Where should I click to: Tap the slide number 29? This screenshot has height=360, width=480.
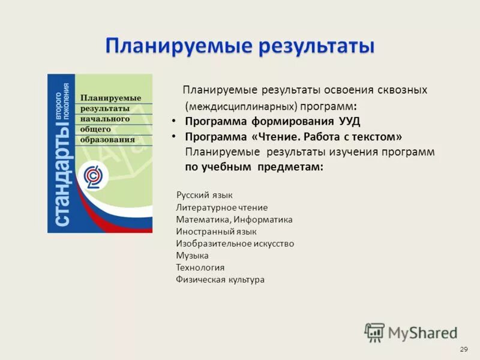[463, 349]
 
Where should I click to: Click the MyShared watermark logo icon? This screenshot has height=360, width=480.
[374, 332]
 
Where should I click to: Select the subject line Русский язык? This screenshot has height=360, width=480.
[204, 195]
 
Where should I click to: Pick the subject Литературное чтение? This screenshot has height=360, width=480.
[222, 208]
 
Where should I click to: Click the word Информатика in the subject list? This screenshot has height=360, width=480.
[263, 220]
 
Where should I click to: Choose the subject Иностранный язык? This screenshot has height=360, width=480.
[216, 232]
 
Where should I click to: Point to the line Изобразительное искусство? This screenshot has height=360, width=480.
[235, 244]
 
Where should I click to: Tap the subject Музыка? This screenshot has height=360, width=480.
[192, 256]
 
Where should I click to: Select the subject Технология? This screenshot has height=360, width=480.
[200, 268]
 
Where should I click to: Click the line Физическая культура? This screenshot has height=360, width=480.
[220, 280]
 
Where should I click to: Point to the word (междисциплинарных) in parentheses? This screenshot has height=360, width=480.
[240, 106]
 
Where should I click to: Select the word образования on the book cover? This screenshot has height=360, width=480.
[108, 140]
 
